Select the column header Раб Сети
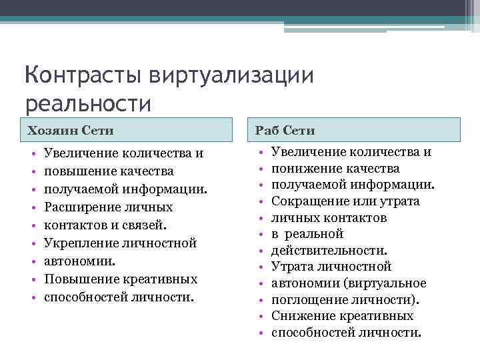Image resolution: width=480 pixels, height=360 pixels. tap(285, 130)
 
